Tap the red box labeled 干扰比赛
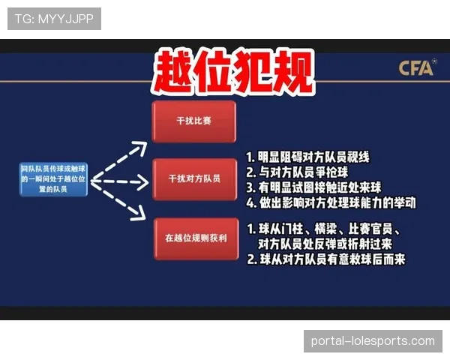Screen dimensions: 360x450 [193, 121]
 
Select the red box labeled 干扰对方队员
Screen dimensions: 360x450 [193, 179]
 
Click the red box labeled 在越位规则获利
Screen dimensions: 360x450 [193, 238]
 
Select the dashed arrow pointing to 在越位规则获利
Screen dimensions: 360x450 [121, 205]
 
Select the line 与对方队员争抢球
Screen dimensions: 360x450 [296, 172]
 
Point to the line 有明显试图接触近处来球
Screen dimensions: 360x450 [317, 187]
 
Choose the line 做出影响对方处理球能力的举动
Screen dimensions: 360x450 [331, 202]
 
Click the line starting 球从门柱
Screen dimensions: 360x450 [328, 229]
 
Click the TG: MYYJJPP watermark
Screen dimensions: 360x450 [54, 18]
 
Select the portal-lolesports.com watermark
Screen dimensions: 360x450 [372, 341]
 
